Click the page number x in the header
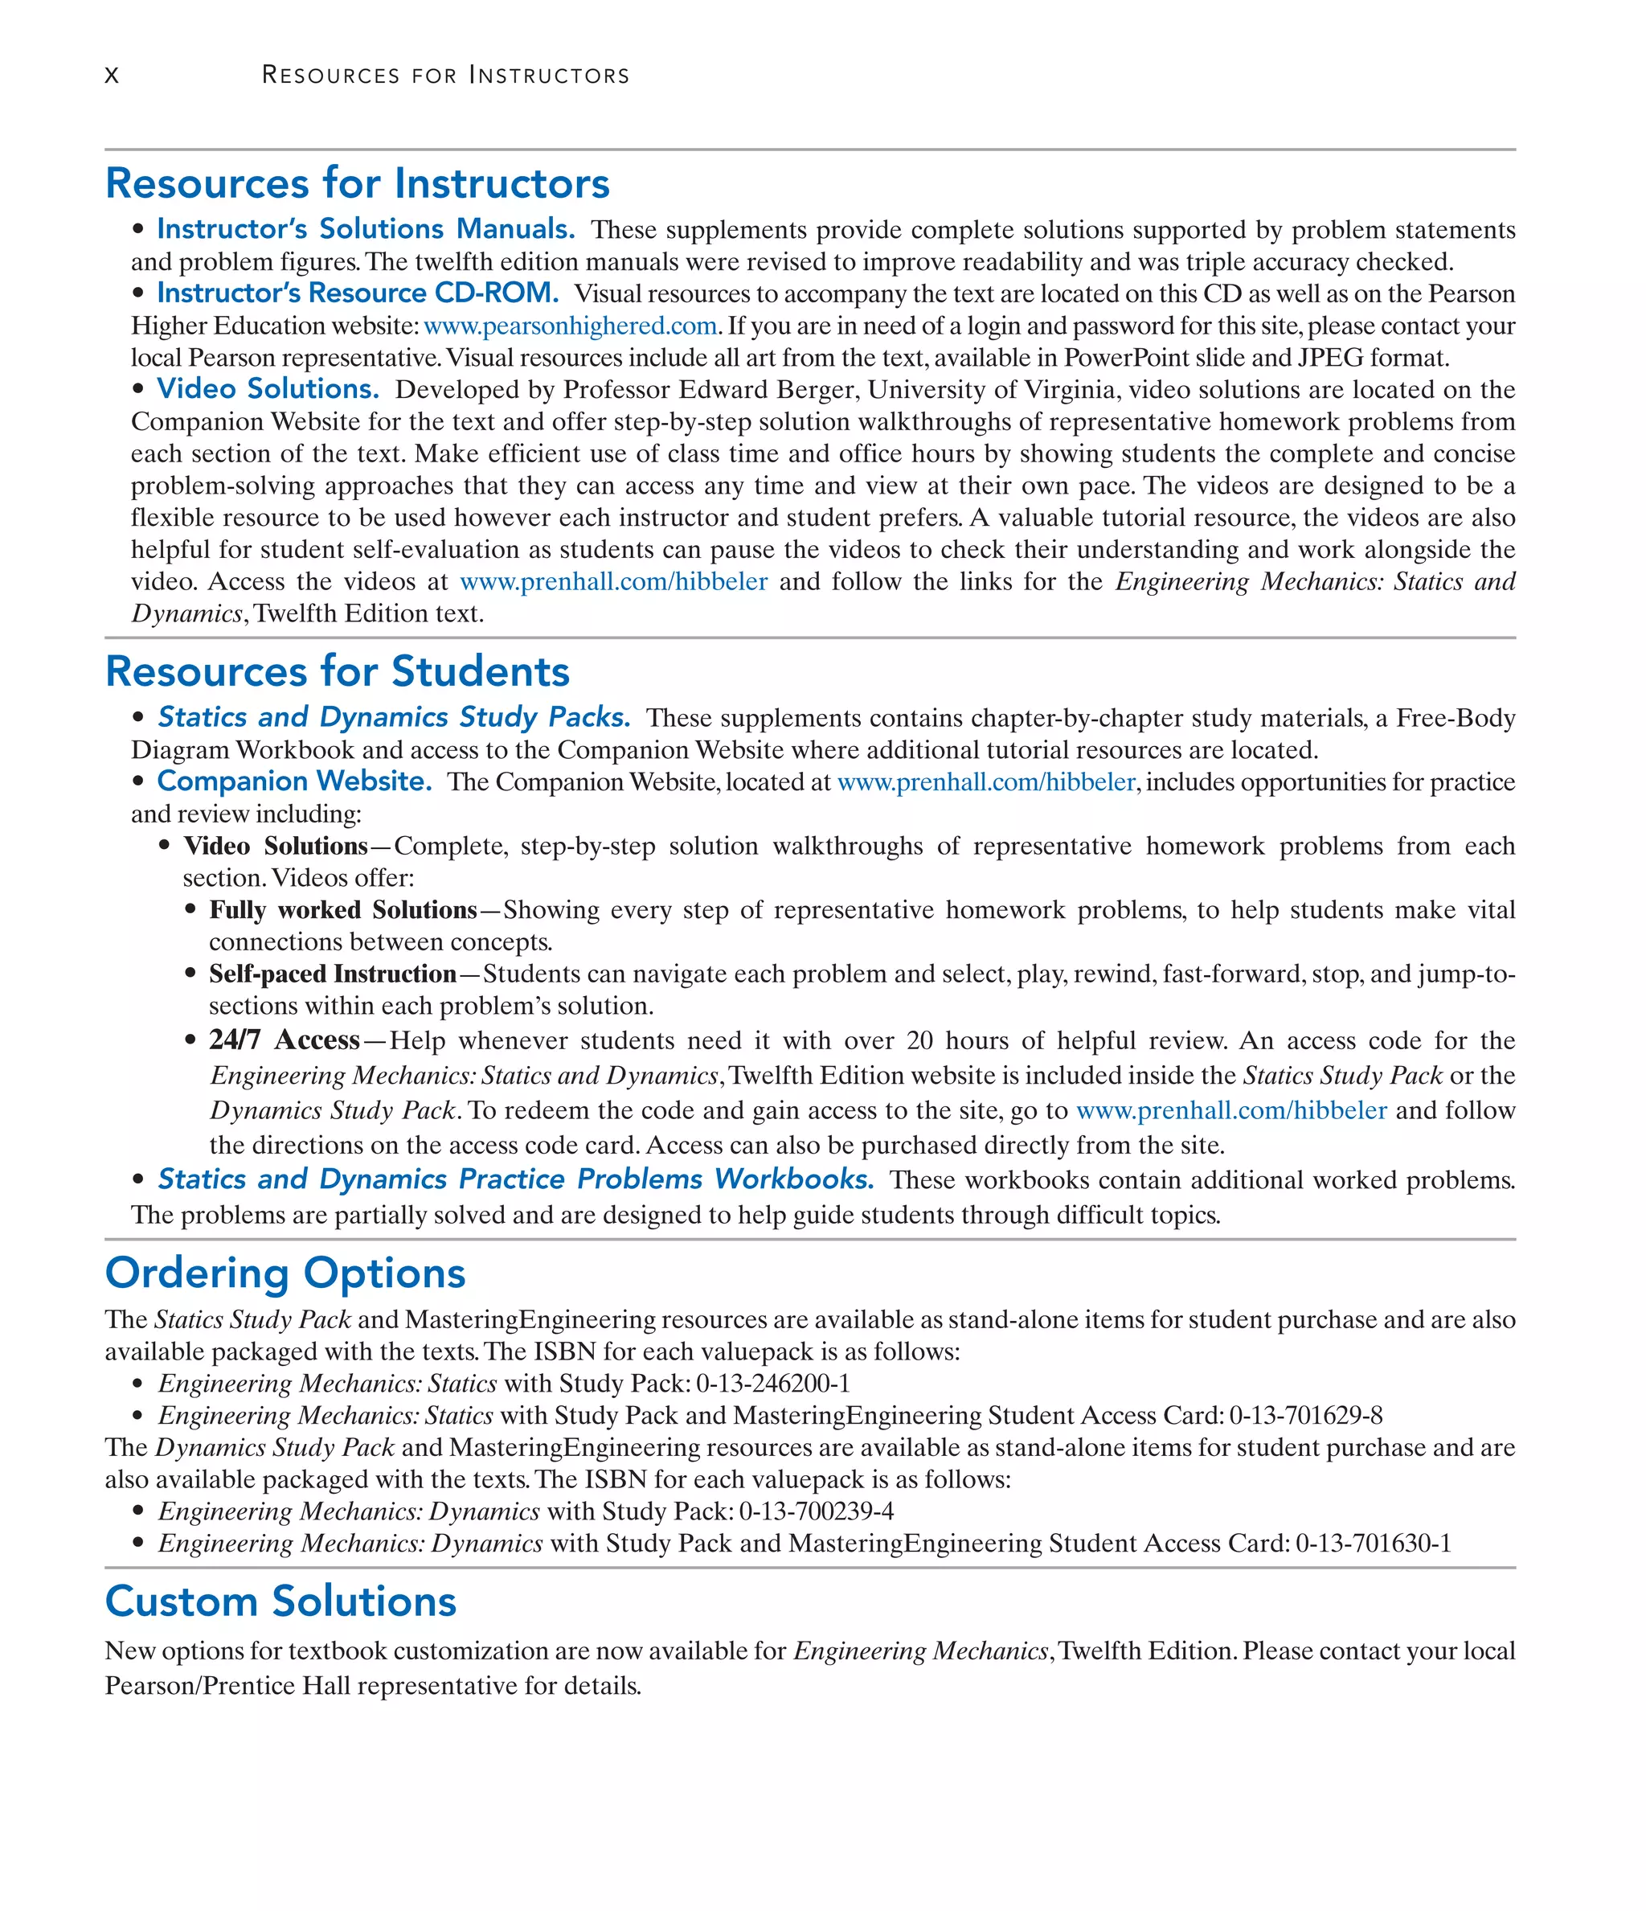click(112, 76)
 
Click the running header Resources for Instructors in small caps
click(445, 76)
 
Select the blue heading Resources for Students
click(338, 671)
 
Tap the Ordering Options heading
click(285, 1273)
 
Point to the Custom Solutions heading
click(280, 1601)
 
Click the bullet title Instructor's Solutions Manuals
click(365, 229)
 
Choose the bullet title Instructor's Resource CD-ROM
click(358, 293)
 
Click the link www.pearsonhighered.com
click(570, 326)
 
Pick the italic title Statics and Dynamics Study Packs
click(394, 718)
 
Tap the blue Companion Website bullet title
click(293, 781)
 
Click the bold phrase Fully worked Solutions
click(342, 910)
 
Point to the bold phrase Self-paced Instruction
click(332, 974)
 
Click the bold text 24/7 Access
click(284, 1040)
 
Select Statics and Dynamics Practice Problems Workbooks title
click(515, 1179)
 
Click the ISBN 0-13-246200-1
click(772, 1384)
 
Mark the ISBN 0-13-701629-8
click(1306, 1416)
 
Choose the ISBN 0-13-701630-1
click(1373, 1544)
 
